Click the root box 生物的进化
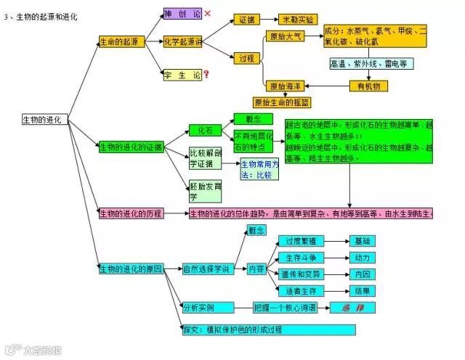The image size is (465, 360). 45,118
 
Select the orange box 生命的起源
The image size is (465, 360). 121,43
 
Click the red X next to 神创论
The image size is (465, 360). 208,13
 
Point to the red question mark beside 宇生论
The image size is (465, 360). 207,74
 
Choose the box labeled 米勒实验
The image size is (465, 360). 298,20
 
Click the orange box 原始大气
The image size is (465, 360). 286,36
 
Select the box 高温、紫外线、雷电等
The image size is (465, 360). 371,64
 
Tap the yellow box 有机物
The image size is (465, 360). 369,86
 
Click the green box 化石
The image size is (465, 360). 205,131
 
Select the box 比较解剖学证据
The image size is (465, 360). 206,158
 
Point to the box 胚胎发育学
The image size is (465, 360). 203,191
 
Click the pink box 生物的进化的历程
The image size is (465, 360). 132,213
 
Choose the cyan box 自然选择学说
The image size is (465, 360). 209,269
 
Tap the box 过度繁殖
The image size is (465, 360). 301,240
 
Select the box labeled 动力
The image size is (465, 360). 362,258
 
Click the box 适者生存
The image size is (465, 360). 301,291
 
